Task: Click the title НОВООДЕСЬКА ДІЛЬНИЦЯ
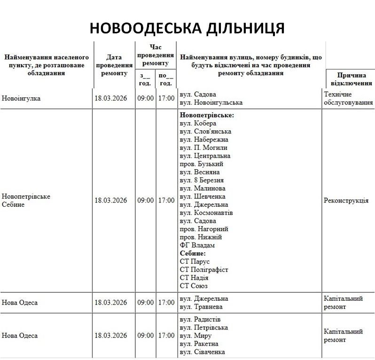click(x=187, y=27)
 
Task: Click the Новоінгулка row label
click(x=21, y=99)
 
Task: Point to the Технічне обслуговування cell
click(x=348, y=99)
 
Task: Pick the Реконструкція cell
click(x=346, y=201)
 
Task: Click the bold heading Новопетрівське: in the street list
click(x=207, y=115)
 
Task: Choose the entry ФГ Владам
click(x=197, y=245)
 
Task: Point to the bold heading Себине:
click(x=193, y=253)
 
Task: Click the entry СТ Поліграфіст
click(x=204, y=270)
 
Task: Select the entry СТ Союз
click(x=194, y=286)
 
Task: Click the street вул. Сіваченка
click(x=203, y=352)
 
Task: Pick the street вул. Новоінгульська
click(x=211, y=102)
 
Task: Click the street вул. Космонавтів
click(x=207, y=213)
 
